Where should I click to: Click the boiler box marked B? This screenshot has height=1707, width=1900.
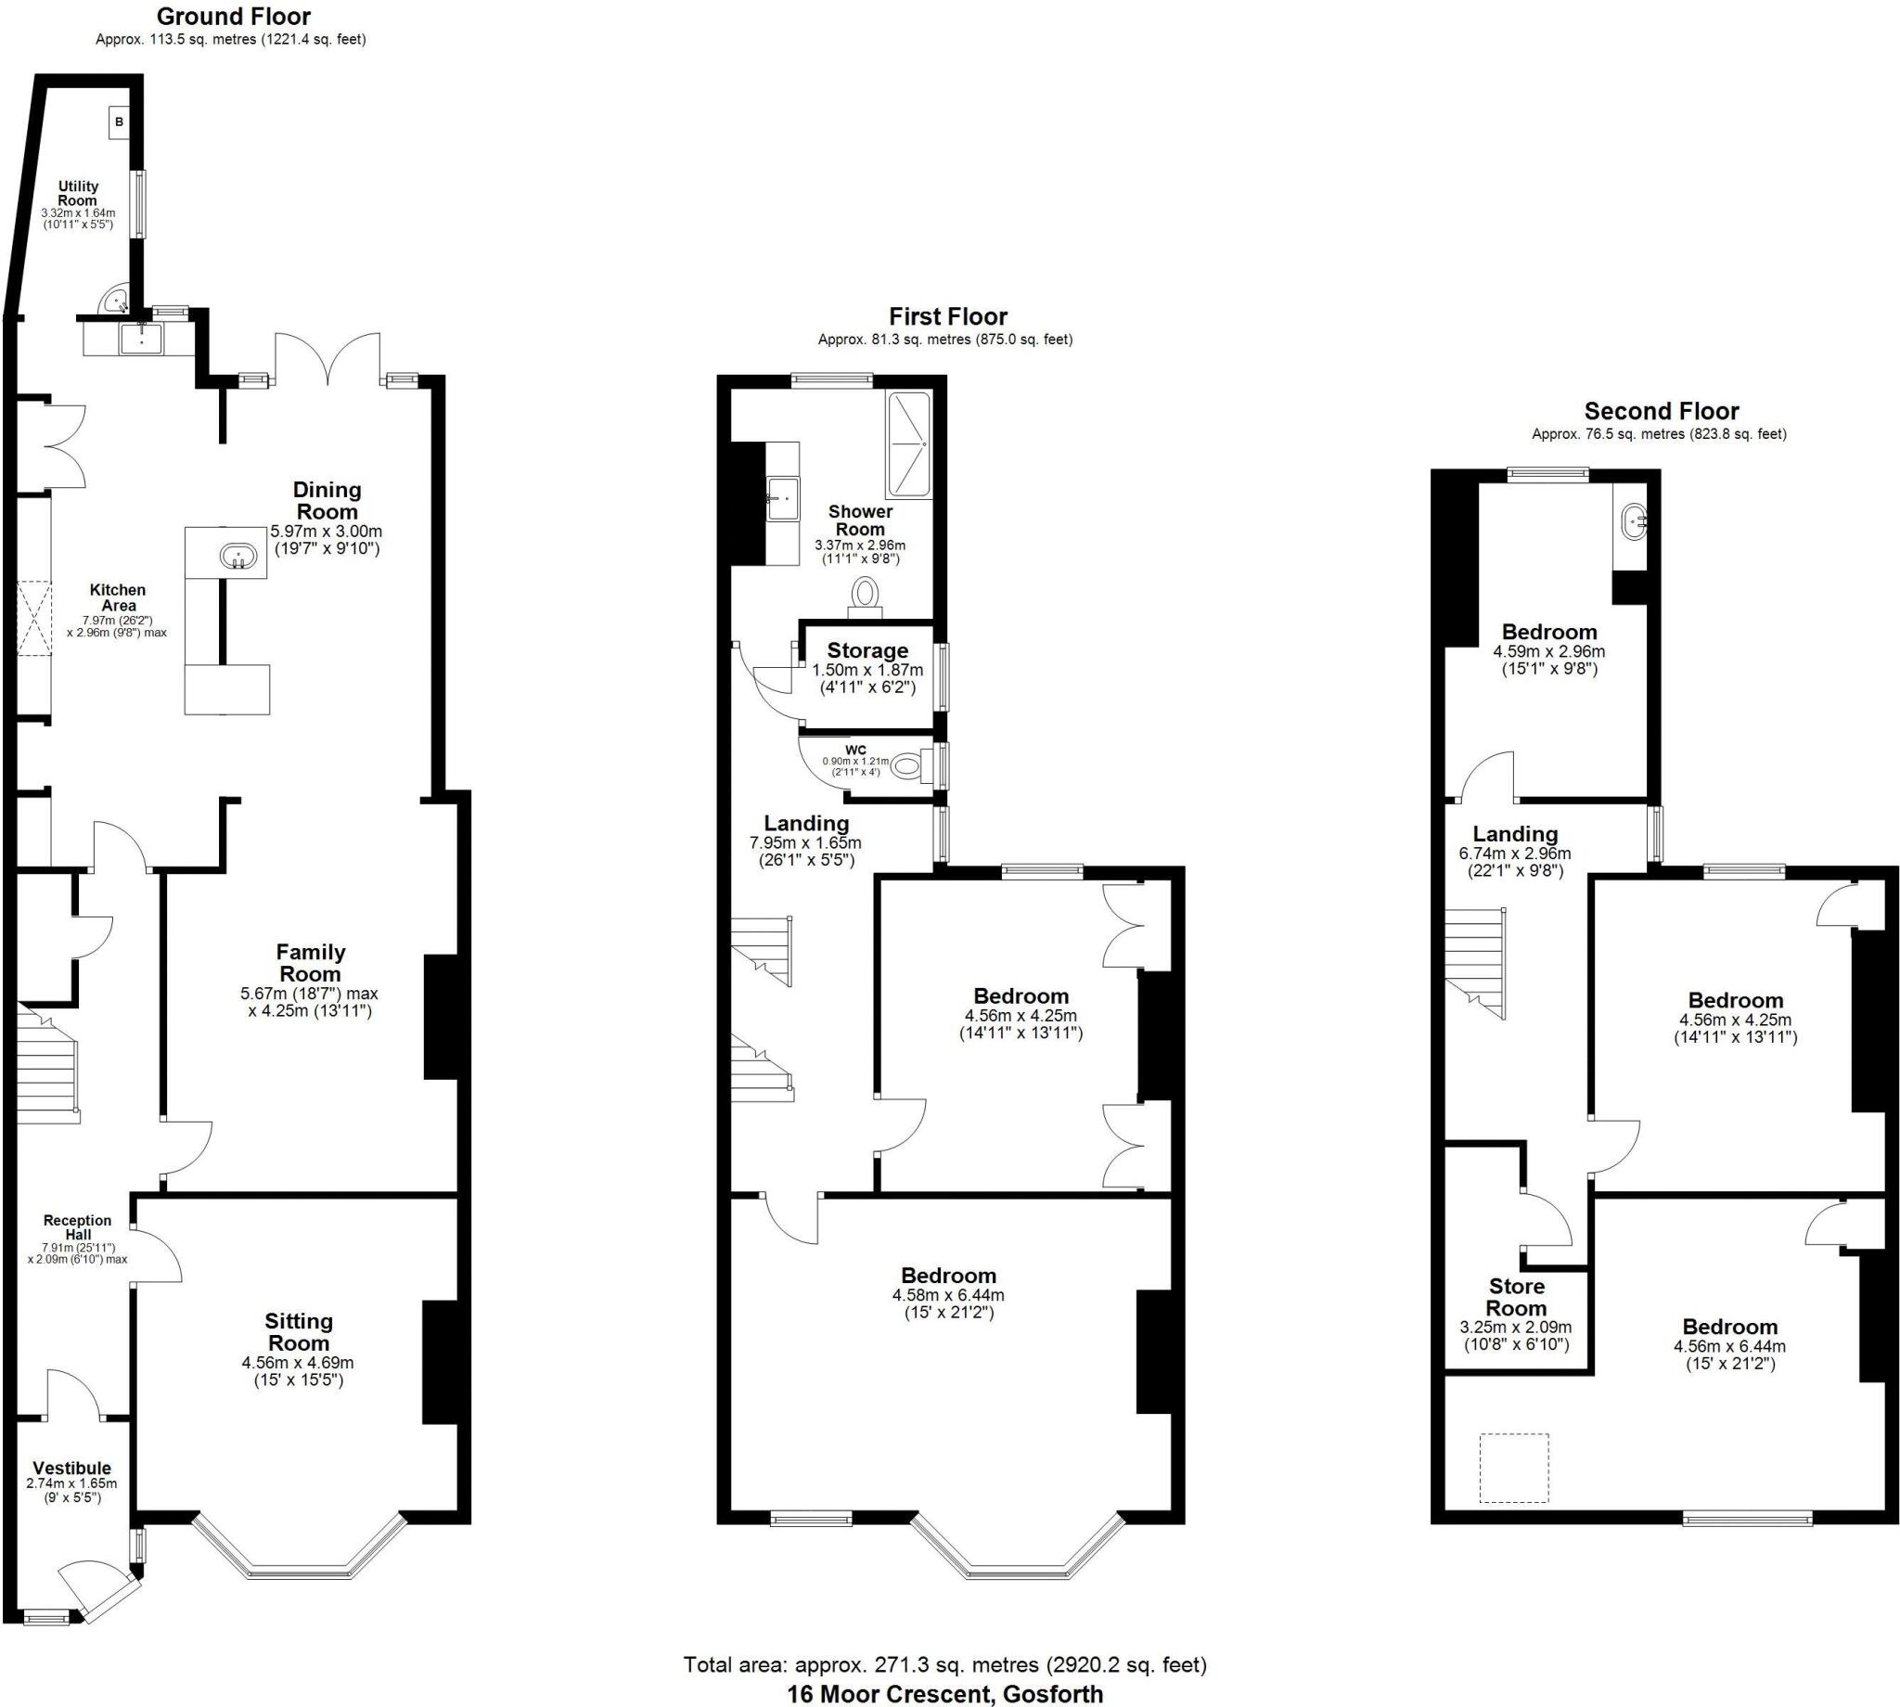(x=118, y=122)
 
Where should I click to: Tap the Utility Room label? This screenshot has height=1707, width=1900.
(x=78, y=193)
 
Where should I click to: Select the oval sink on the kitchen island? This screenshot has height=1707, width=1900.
(x=238, y=557)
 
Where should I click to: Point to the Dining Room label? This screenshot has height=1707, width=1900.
(x=327, y=500)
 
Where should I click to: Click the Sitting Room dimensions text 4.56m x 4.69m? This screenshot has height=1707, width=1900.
(x=297, y=1363)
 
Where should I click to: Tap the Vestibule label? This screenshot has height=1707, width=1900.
(x=72, y=1468)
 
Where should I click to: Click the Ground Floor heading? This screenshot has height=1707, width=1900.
(x=234, y=16)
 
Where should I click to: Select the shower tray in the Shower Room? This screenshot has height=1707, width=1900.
(x=908, y=444)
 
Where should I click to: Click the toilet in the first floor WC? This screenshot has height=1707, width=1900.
(x=908, y=766)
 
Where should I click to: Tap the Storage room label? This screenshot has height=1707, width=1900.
(x=867, y=650)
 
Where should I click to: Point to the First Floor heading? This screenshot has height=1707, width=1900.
(x=947, y=316)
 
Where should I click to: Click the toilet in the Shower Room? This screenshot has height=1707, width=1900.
(x=865, y=595)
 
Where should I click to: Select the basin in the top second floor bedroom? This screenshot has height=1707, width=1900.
(x=1635, y=520)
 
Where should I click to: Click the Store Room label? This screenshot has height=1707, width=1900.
(x=1516, y=1297)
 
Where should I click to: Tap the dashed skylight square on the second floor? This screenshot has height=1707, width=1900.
(x=1514, y=1468)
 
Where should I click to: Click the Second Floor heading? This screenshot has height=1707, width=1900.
(x=1661, y=411)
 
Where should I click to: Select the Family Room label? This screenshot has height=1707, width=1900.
(x=311, y=962)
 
